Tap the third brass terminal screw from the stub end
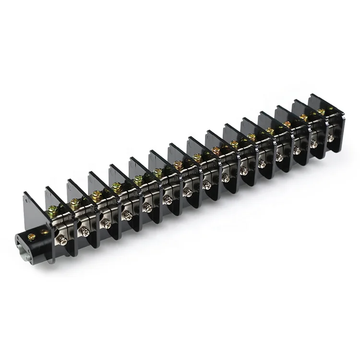(x=96, y=195)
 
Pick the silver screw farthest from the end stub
(x=331, y=138)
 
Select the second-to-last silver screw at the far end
(x=314, y=144)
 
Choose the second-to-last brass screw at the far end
(x=303, y=117)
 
